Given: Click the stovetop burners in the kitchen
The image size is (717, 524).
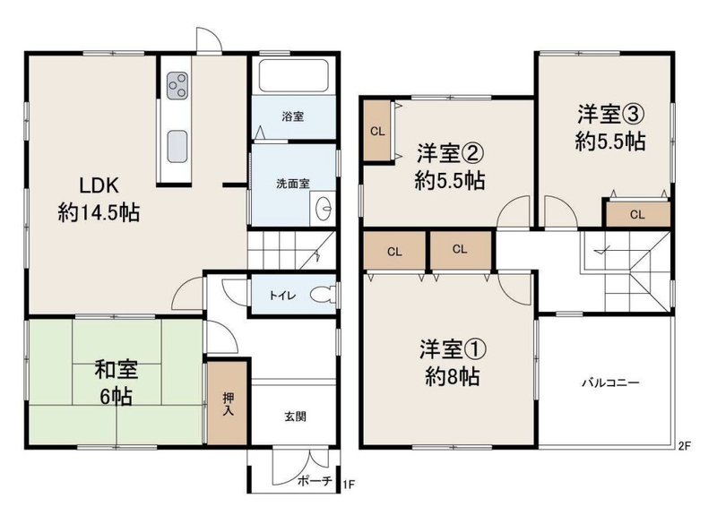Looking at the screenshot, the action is click(177, 85).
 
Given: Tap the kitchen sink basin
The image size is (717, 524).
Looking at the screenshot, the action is click(177, 146).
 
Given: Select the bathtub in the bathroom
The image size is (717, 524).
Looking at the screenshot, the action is click(293, 76).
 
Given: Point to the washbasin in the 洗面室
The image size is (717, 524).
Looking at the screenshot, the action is click(323, 209).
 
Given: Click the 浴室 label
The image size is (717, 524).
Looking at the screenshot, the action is click(293, 116).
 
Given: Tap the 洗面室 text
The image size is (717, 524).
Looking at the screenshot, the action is click(293, 184).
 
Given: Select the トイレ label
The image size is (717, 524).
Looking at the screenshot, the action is click(282, 295).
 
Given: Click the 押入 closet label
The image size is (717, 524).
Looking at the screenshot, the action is click(228, 404).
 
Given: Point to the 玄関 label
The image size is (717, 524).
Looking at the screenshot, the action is click(295, 417).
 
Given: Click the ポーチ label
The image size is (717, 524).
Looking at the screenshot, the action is click(315, 481).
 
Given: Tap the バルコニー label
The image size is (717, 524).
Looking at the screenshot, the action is click(610, 382).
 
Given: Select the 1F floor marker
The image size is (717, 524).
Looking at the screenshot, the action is click(349, 484).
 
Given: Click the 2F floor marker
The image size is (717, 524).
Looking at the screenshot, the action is click(684, 446).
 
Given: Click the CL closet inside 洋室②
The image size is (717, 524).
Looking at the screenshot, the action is click(377, 132).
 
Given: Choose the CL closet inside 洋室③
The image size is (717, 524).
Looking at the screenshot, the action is click(637, 214).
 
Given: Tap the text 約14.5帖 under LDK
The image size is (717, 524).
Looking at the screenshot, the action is click(99, 213).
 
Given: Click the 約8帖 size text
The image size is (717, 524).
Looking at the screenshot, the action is click(452, 377).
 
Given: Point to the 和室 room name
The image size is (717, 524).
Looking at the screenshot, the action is click(117, 370).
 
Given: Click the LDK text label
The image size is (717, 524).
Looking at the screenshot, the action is click(99, 186).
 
